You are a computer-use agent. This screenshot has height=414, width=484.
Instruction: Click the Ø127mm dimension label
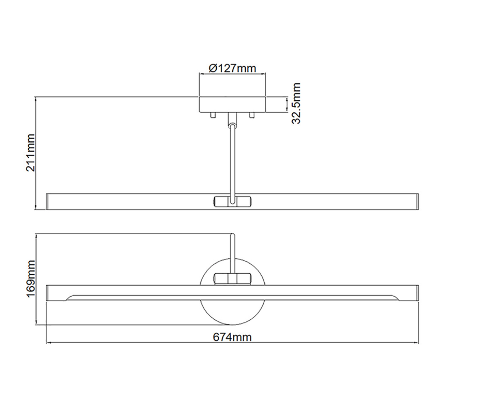[232, 68]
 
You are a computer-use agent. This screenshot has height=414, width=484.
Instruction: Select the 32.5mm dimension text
[296, 103]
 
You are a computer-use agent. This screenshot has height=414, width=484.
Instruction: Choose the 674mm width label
[232, 337]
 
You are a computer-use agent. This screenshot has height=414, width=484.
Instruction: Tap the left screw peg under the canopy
[213, 115]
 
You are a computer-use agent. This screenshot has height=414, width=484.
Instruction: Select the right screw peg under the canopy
[252, 115]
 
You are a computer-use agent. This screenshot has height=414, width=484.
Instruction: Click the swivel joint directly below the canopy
[232, 119]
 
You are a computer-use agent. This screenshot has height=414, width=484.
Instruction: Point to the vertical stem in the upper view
[232, 160]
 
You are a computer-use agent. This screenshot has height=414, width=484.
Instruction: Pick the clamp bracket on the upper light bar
[232, 201]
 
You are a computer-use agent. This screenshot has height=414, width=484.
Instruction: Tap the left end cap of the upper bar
[47, 201]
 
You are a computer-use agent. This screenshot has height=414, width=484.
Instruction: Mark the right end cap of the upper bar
[417, 201]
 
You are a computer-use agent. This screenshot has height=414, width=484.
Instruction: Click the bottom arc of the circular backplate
[232, 323]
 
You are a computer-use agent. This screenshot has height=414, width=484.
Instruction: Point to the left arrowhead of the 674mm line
[48, 343]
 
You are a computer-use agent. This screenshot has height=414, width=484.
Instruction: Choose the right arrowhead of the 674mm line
[417, 343]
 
